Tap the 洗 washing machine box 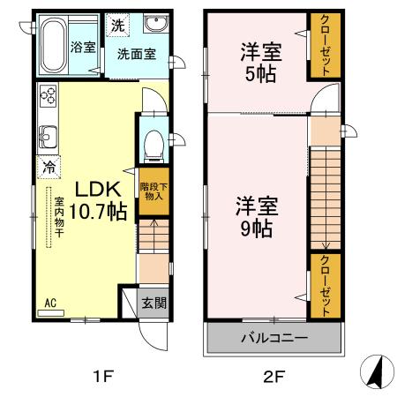click(x=116, y=24)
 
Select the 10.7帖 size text click(x=97, y=212)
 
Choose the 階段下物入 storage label click(x=152, y=191)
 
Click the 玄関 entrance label click(x=154, y=303)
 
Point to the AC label click(x=50, y=303)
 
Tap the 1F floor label click(x=104, y=377)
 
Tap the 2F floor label click(x=273, y=377)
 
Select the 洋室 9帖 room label click(x=257, y=216)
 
